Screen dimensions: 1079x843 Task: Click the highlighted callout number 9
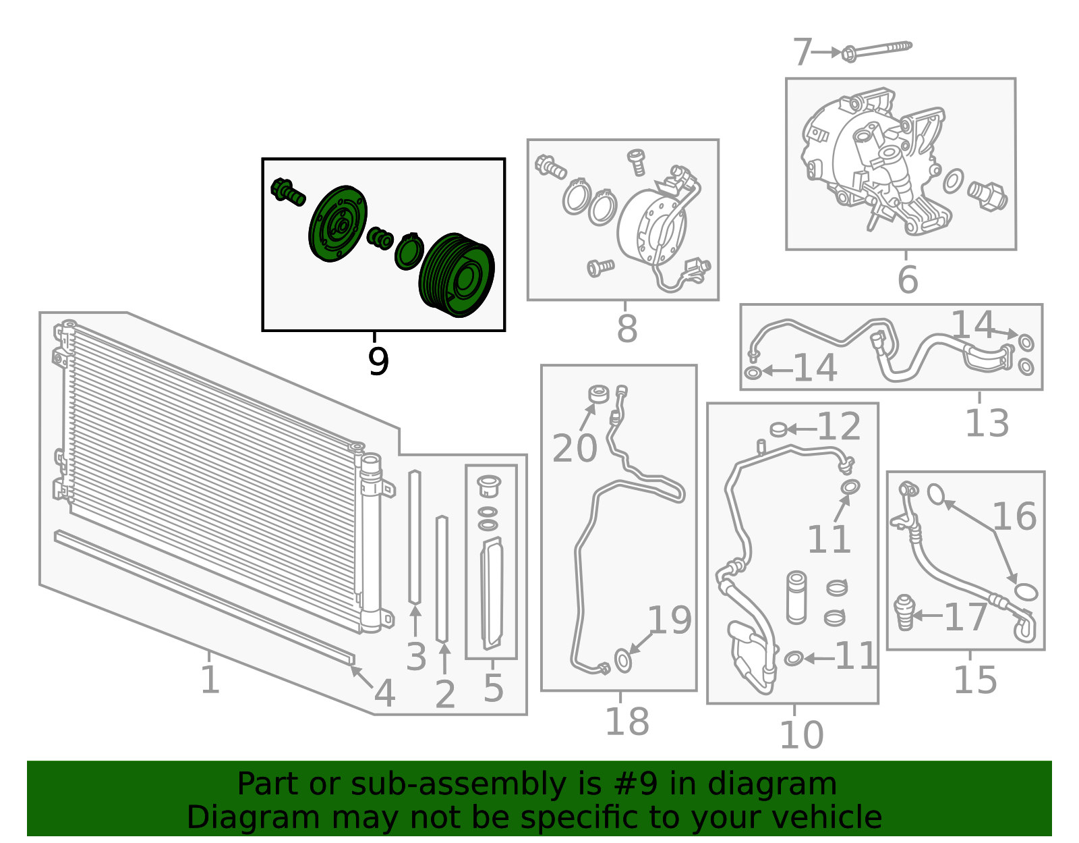coord(378,361)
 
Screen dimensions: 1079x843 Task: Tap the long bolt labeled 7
coord(877,51)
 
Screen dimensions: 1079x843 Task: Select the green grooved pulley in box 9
coord(457,275)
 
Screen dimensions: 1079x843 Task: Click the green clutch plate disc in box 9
coord(338,223)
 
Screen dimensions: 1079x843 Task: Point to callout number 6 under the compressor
coord(908,279)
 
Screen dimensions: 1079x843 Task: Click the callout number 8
coord(626,328)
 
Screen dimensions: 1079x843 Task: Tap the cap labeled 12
coord(778,429)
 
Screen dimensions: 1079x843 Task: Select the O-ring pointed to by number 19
coord(623,660)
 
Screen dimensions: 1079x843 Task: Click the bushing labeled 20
coord(600,394)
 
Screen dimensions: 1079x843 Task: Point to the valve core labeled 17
coord(904,612)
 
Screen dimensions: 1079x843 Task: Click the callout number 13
coord(987,423)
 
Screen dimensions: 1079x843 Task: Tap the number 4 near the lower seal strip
coord(385,693)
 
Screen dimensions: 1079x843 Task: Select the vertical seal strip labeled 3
coord(415,537)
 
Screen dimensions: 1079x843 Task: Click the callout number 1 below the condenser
coord(210,679)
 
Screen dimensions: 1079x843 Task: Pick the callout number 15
coord(975,680)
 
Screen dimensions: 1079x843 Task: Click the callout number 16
coord(1014,516)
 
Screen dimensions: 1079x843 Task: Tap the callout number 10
coord(801,735)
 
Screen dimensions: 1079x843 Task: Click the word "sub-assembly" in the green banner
coord(458,784)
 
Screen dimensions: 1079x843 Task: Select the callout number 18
coord(626,722)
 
